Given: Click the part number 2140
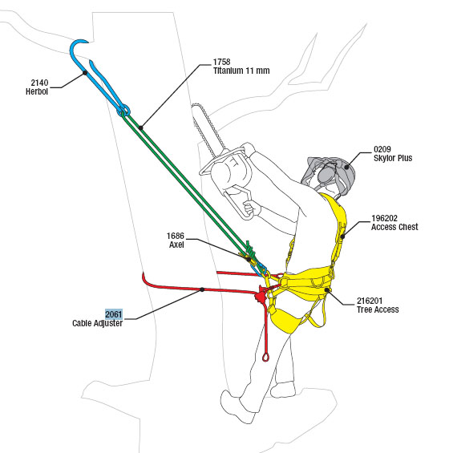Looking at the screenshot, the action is pyautogui.click(x=39, y=83).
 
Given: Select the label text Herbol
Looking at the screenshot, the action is pyautogui.click(x=37, y=91).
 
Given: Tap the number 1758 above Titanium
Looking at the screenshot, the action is pyautogui.click(x=221, y=62).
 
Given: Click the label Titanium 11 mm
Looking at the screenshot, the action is pyautogui.click(x=241, y=71).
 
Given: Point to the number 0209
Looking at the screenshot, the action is pyautogui.click(x=382, y=149).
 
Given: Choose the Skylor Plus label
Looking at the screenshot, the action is pyautogui.click(x=393, y=158).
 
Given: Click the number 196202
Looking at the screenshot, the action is pyautogui.click(x=384, y=218).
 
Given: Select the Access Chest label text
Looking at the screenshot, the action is pyautogui.click(x=394, y=227).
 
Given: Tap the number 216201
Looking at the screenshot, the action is pyautogui.click(x=370, y=301).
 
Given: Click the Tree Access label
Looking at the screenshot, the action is pyautogui.click(x=378, y=309).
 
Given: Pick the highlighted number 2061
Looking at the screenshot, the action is pyautogui.click(x=114, y=314).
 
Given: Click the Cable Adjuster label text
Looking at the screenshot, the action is pyautogui.click(x=97, y=323).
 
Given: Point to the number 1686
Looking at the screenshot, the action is pyautogui.click(x=175, y=236).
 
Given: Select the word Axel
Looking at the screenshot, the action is pyautogui.click(x=176, y=245).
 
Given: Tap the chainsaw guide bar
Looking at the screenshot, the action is pyautogui.click(x=206, y=129).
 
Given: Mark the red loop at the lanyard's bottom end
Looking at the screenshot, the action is pyautogui.click(x=265, y=357).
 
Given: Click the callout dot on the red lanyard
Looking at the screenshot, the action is pyautogui.click(x=202, y=289).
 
